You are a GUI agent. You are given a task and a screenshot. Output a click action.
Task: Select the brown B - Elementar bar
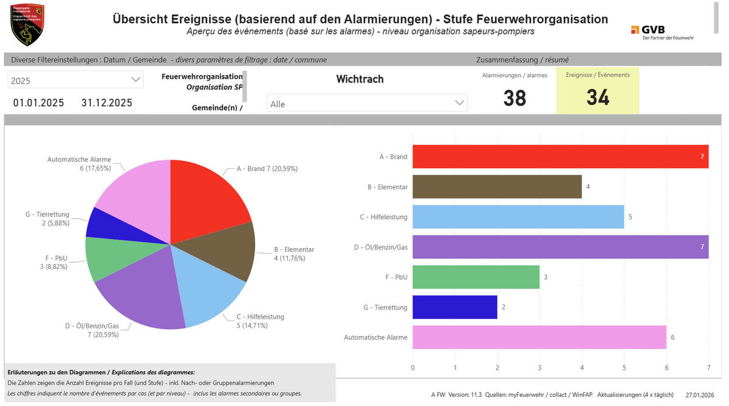point(497,187)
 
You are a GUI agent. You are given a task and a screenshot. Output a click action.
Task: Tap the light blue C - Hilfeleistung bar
point(518,217)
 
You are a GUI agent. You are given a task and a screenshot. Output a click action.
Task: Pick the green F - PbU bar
point(476,277)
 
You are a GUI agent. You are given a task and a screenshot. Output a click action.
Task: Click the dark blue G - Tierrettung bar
point(454,307)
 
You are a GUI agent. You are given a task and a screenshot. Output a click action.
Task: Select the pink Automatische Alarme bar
point(539,337)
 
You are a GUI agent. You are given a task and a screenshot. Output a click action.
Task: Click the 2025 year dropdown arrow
point(135,80)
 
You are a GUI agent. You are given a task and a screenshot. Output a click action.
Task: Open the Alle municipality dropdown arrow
point(460,104)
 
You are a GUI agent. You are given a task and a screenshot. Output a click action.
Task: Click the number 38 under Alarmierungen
point(515,98)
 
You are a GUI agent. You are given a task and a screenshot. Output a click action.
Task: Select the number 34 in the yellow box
point(598,98)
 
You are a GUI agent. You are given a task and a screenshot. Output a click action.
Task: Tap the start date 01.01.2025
point(39,103)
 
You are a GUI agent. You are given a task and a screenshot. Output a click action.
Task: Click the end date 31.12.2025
point(107,103)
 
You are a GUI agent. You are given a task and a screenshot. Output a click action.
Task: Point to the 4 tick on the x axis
point(582,368)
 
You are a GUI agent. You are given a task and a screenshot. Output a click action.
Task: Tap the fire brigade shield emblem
point(28,25)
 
